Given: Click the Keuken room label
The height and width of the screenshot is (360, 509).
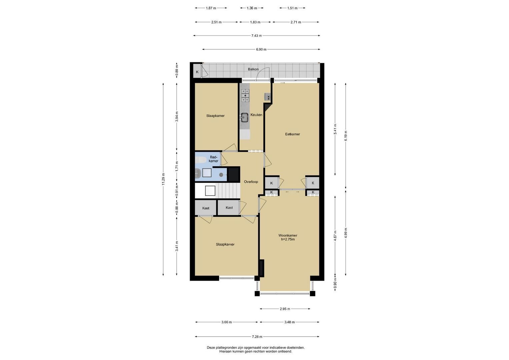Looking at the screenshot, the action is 256,115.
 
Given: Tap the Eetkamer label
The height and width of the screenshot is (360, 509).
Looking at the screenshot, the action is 292,134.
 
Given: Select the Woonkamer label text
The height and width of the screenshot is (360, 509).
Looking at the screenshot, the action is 288,235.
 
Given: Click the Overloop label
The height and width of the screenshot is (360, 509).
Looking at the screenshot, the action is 251,182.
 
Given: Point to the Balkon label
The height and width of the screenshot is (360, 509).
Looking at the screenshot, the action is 253,69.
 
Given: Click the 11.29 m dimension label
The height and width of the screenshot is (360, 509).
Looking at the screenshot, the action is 163,179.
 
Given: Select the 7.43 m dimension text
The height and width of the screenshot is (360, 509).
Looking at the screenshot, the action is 257,35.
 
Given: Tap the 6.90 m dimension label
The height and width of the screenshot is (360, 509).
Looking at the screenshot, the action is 261,49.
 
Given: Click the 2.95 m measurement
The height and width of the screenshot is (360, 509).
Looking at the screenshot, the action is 285,309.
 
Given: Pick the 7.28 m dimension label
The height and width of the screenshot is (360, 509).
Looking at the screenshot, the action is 257,337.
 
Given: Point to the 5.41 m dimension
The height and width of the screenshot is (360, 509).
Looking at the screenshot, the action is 335,129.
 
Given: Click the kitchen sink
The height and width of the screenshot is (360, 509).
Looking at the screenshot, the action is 245,117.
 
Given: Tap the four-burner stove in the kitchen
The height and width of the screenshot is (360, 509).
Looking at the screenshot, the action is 245,95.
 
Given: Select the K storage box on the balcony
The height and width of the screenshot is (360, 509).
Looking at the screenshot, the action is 197,72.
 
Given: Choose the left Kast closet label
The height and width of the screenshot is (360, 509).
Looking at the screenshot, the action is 206,208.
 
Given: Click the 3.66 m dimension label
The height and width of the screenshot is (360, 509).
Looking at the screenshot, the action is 227,322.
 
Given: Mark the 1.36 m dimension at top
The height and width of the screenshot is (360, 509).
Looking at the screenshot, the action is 252,8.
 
